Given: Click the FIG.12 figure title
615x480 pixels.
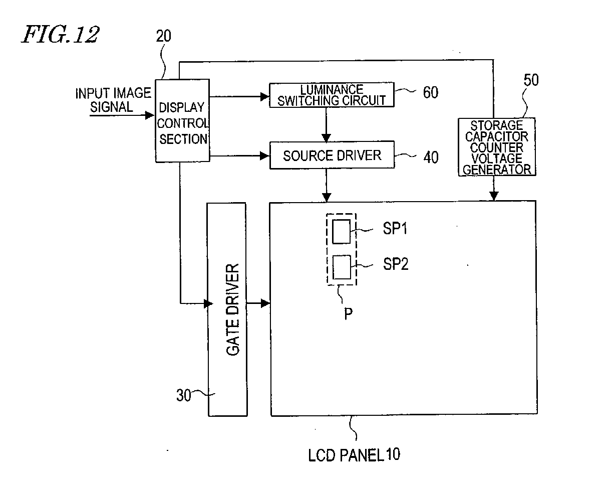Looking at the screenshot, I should (x=60, y=35).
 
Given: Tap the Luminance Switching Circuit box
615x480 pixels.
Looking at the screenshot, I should (x=332, y=95).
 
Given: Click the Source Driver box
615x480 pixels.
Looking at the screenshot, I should (x=332, y=155).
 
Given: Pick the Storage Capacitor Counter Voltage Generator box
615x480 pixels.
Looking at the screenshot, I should (x=496, y=147).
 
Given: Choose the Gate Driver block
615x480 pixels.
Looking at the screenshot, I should (x=227, y=309).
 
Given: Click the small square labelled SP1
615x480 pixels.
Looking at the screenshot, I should (x=341, y=231).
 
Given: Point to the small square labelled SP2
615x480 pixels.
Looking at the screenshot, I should (x=341, y=267).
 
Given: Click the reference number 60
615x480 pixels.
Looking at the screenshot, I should (x=430, y=92).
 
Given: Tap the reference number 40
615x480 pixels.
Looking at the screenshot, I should (x=430, y=157).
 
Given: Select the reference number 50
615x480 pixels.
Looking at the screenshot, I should (x=531, y=80).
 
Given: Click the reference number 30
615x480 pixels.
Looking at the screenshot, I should (x=184, y=396).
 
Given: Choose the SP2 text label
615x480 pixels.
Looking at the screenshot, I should (x=396, y=264).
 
